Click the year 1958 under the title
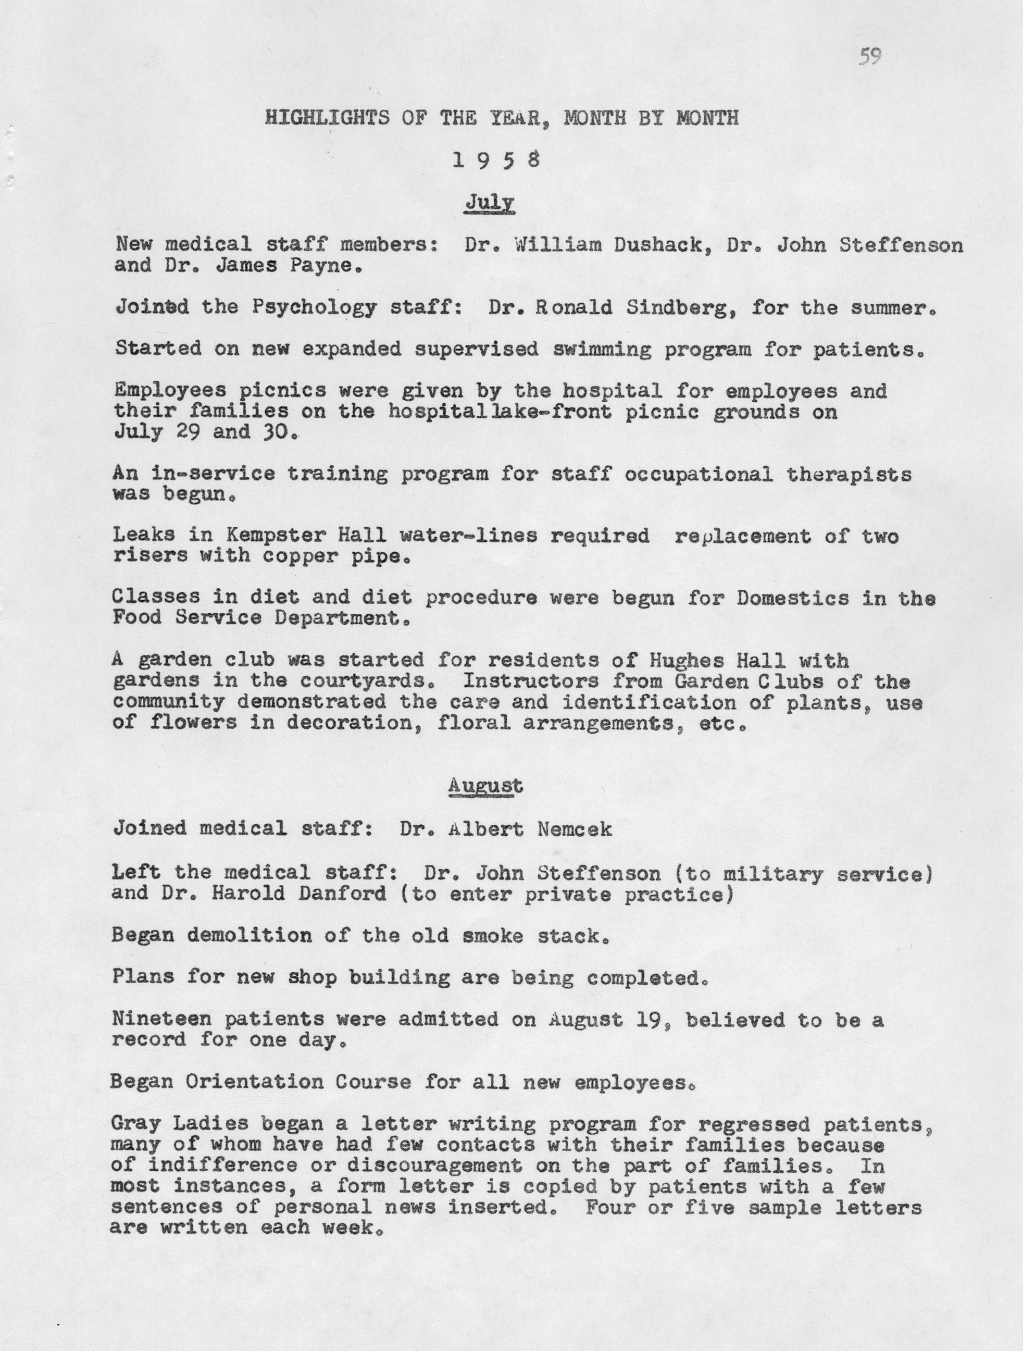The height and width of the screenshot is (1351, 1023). pos(496,160)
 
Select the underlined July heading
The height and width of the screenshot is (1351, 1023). pos(489,202)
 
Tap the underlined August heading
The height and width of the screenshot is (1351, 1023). pos(485,786)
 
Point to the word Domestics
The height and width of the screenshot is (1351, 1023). pos(793,598)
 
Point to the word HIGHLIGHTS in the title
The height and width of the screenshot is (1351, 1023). pos(327,118)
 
